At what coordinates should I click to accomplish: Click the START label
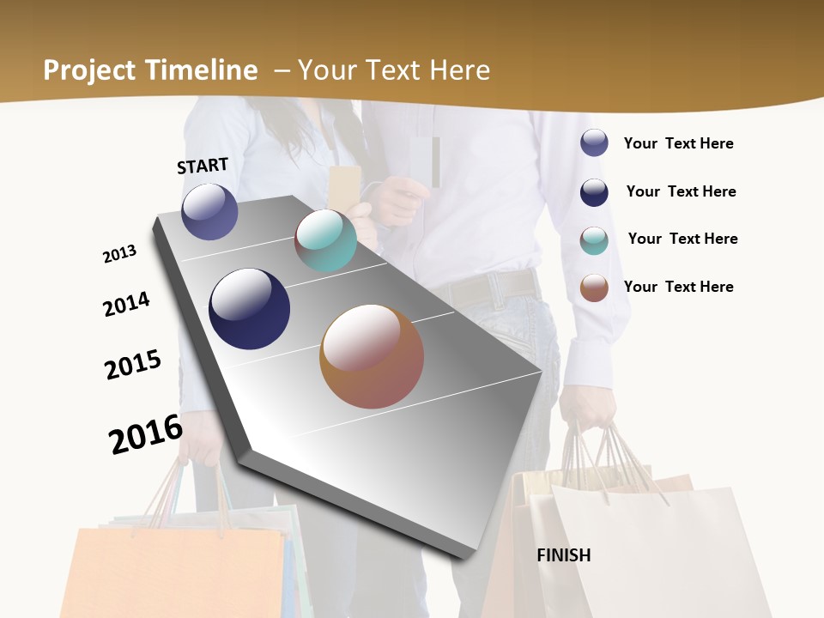pyautogui.click(x=203, y=166)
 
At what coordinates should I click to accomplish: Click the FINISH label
pyautogui.click(x=564, y=555)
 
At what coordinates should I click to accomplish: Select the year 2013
pyautogui.click(x=119, y=254)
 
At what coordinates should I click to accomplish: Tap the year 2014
pyautogui.click(x=126, y=304)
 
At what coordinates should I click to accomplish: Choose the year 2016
pyautogui.click(x=146, y=434)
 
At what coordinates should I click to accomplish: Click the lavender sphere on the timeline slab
pyautogui.click(x=209, y=211)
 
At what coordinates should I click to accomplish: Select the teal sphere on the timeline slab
pyautogui.click(x=325, y=240)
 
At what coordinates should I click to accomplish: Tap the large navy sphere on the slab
pyautogui.click(x=249, y=309)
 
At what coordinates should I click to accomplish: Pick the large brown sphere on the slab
pyautogui.click(x=372, y=356)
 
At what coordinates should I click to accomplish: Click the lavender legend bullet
pyautogui.click(x=594, y=142)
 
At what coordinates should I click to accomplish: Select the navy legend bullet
pyautogui.click(x=594, y=192)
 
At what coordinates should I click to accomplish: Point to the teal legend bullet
pyautogui.click(x=594, y=240)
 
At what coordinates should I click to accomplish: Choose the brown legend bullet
pyautogui.click(x=594, y=288)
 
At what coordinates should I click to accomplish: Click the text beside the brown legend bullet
pyautogui.click(x=678, y=287)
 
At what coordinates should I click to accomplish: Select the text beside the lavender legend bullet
pyautogui.click(x=678, y=143)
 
